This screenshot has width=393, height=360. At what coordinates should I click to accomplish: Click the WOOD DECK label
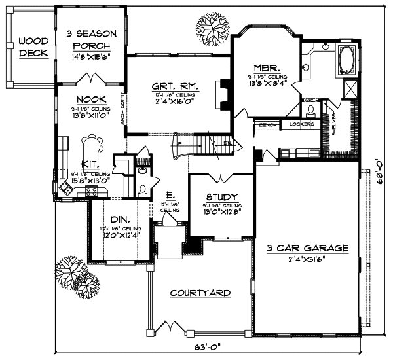click(31, 46)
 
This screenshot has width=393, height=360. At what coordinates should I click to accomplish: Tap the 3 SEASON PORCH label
click(92, 39)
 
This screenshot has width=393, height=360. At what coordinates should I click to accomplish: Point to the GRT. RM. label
click(174, 86)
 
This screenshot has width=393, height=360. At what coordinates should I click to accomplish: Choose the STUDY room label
click(221, 197)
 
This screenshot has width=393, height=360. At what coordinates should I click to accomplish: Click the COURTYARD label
click(200, 293)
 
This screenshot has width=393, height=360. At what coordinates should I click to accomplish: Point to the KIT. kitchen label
click(90, 164)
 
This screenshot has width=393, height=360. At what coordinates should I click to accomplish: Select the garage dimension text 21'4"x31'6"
click(307, 259)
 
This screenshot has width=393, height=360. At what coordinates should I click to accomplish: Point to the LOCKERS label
click(301, 124)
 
